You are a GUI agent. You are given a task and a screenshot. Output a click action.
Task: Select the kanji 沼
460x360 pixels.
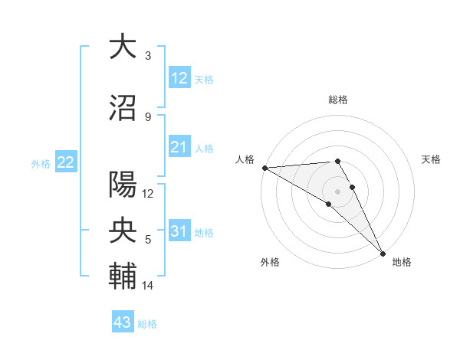pyautogui.click(x=123, y=108)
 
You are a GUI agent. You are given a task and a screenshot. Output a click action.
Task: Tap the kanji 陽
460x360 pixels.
pyautogui.click(x=123, y=185)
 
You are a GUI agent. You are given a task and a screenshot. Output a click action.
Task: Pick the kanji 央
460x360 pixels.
pyautogui.click(x=123, y=230)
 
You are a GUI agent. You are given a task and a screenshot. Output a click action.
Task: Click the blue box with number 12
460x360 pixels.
pyautogui.click(x=179, y=77)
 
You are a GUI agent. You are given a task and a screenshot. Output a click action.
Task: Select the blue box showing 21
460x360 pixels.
pyautogui.click(x=179, y=146)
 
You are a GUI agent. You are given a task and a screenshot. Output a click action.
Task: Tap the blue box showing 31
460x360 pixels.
pyautogui.click(x=179, y=231)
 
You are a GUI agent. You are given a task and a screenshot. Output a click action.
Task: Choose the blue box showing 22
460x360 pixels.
pyautogui.click(x=65, y=162)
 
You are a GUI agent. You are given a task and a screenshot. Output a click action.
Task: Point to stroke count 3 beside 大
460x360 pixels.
pyautogui.click(x=148, y=56)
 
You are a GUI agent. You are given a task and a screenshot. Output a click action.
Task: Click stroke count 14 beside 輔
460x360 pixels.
pyautogui.click(x=148, y=286)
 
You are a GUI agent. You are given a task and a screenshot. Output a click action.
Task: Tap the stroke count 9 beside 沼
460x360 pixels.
pyautogui.click(x=148, y=117)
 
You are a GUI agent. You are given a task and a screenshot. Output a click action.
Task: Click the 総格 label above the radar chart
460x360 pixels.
pyautogui.click(x=337, y=100)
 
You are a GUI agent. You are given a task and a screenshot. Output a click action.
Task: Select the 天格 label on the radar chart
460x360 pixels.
pyautogui.click(x=432, y=159)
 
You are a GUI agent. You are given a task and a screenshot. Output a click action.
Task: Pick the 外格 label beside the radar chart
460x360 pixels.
pyautogui.click(x=270, y=263)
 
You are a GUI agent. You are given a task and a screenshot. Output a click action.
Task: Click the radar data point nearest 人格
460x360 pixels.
pyautogui.click(x=264, y=168)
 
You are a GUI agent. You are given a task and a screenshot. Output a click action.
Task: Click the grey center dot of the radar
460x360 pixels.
pyautogui.click(x=337, y=191)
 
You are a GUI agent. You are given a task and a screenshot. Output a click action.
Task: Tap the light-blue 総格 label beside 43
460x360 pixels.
pyautogui.click(x=148, y=324)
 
